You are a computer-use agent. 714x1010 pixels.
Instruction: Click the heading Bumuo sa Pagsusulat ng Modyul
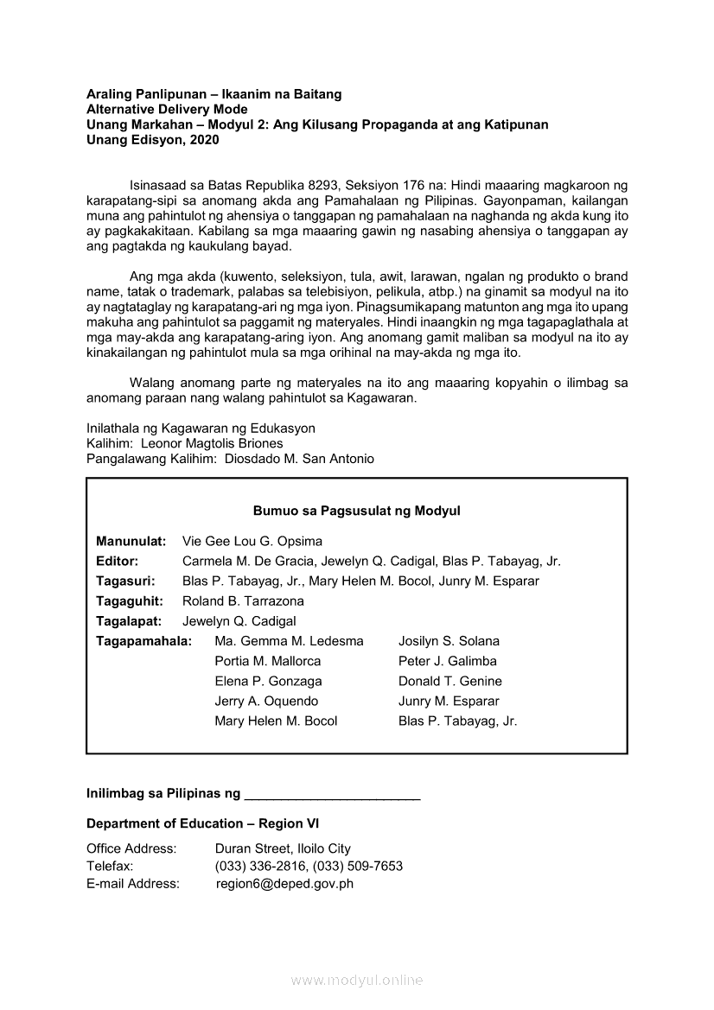point(356,511)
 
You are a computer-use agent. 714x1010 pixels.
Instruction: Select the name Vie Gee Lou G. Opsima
point(240,542)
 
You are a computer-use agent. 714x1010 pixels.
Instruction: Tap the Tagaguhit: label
point(126,601)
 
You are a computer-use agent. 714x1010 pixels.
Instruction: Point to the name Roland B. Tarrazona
point(243,601)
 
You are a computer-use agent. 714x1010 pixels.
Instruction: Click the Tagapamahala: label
point(143,641)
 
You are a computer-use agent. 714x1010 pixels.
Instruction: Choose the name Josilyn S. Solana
point(449,641)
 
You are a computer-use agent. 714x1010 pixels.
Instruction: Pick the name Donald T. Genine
point(449,681)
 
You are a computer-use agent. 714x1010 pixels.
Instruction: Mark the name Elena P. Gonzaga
point(268,681)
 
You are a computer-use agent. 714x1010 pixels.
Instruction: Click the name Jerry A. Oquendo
point(266,701)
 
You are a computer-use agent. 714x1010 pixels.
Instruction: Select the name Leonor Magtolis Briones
point(212,443)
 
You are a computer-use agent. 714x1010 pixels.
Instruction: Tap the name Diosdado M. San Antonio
point(299,460)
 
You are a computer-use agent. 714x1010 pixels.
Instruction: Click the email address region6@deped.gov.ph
point(284,884)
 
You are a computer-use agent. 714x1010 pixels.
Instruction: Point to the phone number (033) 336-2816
point(260,866)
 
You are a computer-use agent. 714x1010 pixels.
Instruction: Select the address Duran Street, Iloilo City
point(283,848)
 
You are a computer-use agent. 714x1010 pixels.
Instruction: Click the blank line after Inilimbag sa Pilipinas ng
point(332,793)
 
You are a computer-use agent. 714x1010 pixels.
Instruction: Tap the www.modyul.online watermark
point(356,981)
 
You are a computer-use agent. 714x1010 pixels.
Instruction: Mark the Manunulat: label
point(131,542)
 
